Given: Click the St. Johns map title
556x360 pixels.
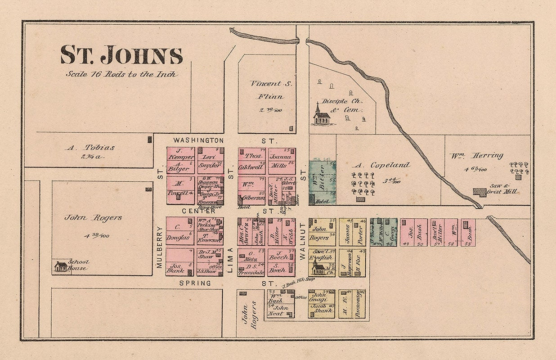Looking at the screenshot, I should pos(121,55).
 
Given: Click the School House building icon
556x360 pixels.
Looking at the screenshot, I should pos(61,266).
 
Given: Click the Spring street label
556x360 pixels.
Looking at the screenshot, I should pos(195,283).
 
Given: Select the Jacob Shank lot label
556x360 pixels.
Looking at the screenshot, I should pos(322,310).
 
